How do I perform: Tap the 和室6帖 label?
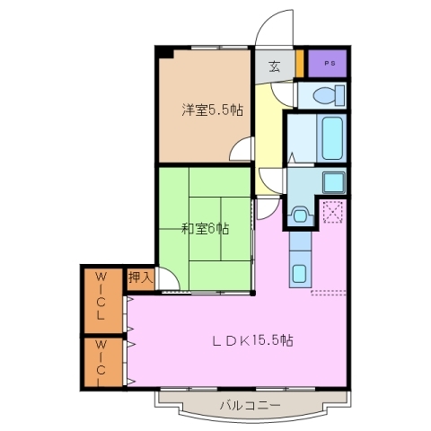(x=206, y=228)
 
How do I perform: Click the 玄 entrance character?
(x=274, y=66)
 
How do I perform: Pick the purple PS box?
(x=328, y=65)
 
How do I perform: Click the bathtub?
(x=332, y=137)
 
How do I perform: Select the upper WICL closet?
(x=101, y=297)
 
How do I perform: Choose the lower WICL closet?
(x=101, y=362)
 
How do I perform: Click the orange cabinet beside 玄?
(x=300, y=66)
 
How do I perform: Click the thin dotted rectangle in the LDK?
(x=329, y=292)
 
